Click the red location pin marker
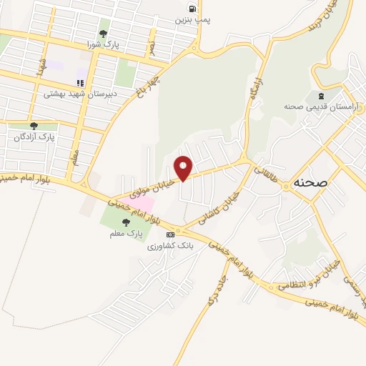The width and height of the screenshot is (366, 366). point(184,168)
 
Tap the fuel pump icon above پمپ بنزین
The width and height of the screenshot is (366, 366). point(192,9)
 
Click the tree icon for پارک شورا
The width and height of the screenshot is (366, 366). point(104,33)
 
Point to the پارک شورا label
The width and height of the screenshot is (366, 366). point(104,44)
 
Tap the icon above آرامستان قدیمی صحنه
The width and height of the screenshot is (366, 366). point(320,95)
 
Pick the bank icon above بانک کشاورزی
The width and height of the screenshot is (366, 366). point(170,234)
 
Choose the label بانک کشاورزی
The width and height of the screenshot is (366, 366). point(170,245)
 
